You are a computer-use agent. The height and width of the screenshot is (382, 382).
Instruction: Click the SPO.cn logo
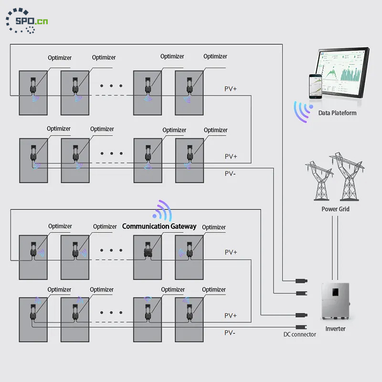(27, 21)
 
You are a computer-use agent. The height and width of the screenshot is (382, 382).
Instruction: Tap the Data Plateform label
(337, 113)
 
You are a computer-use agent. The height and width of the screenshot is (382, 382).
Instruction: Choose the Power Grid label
(335, 209)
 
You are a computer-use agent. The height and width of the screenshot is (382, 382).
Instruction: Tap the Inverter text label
(335, 329)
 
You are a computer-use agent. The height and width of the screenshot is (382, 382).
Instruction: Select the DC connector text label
(299, 334)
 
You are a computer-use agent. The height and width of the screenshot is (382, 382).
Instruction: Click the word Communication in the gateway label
(145, 226)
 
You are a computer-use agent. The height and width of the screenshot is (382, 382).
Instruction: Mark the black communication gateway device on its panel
(147, 251)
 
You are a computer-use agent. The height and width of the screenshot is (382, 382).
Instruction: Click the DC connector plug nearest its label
(301, 327)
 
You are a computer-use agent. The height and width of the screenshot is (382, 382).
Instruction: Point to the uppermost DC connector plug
(301, 280)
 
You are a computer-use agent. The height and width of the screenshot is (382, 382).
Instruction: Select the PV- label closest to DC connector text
(230, 332)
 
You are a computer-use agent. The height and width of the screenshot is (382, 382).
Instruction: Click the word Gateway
(183, 226)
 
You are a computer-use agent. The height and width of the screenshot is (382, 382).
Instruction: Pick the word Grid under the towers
(343, 209)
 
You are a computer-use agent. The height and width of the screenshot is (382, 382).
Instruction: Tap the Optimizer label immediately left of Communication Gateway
(105, 227)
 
